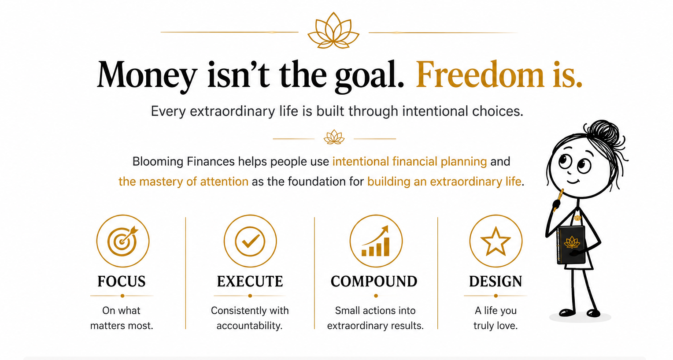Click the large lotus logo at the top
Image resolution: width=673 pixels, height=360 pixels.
333,30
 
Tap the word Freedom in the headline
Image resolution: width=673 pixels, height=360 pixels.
480,74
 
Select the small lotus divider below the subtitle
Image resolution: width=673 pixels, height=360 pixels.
334,137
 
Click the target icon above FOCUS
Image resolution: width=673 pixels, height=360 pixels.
123,241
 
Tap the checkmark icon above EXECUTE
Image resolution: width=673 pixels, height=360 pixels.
250,241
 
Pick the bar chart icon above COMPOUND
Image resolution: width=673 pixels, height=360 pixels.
376,241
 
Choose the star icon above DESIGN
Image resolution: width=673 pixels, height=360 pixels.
496,241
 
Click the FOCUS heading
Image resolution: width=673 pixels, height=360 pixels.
122,282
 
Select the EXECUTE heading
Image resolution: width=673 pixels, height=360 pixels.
250,282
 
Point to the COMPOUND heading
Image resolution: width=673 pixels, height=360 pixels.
374,282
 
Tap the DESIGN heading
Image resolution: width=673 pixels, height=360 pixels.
496,282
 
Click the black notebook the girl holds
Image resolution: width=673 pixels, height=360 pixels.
571,245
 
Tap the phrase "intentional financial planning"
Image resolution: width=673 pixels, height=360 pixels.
410,162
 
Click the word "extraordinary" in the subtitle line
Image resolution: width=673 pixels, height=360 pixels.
232,111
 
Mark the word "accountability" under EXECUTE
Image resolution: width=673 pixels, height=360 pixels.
249,326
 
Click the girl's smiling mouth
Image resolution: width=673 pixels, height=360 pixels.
573,181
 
